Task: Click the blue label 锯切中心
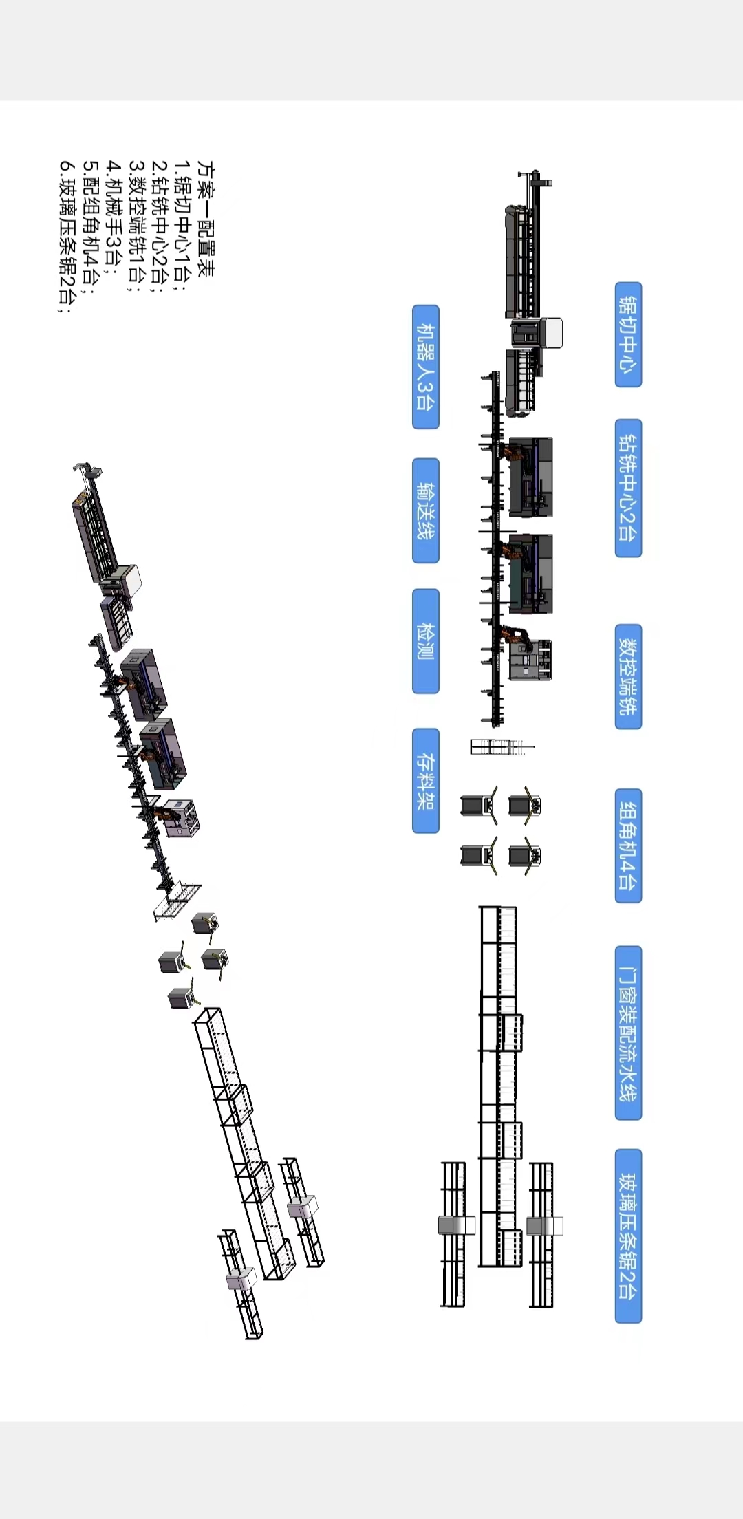click(628, 334)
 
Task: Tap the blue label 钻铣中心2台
click(628, 488)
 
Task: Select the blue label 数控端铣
click(628, 676)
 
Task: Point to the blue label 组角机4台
click(628, 845)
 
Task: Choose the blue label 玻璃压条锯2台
click(628, 1236)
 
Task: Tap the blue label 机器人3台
click(426, 367)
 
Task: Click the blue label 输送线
click(426, 510)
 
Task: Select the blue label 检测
click(426, 641)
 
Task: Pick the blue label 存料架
click(426, 781)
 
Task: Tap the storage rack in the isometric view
click(177, 901)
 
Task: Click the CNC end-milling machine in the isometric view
click(180, 818)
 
